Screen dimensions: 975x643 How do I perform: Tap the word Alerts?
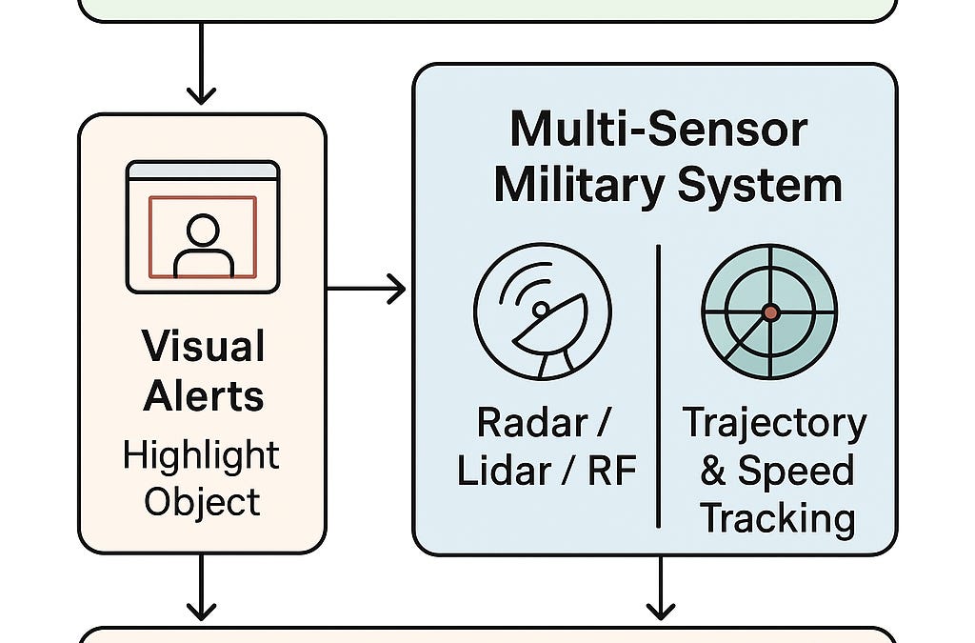[204, 395]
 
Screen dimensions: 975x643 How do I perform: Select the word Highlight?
[201, 457]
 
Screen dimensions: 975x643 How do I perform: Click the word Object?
[202, 502]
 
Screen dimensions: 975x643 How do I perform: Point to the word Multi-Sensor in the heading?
[659, 129]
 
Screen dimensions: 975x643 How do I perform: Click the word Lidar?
[503, 471]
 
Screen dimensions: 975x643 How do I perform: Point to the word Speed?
[795, 471]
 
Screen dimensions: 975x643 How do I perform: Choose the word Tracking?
[777, 519]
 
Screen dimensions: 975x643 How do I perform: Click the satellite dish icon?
[543, 311]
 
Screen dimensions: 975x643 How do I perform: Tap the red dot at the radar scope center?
[770, 312]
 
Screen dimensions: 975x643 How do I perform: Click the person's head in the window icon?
[203, 231]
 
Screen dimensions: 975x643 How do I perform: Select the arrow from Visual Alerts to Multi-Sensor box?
[367, 289]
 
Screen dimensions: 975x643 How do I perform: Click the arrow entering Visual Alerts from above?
[201, 64]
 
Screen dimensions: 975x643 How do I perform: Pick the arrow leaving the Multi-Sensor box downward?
[661, 588]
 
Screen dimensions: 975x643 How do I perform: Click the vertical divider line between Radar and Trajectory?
[658, 386]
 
